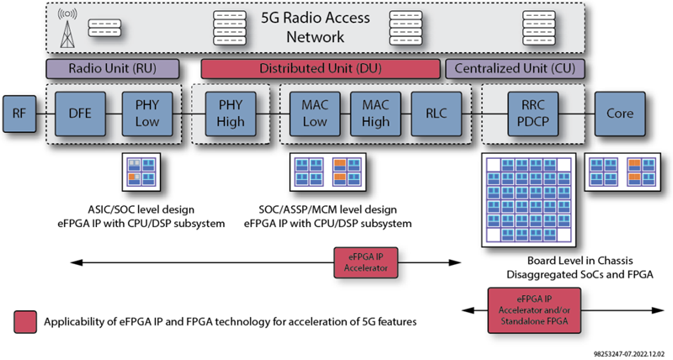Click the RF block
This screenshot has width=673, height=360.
[x=19, y=114]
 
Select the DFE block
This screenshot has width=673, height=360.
[x=80, y=114]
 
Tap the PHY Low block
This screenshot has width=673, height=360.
[x=147, y=114]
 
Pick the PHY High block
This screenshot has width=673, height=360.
[x=231, y=114]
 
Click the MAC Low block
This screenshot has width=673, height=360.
[x=315, y=114]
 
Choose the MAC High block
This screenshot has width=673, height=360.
[x=375, y=114]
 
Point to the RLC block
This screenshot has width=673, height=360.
[x=437, y=114]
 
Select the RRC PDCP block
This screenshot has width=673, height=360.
[x=533, y=114]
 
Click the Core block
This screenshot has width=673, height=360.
[x=620, y=114]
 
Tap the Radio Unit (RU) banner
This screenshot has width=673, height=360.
[x=113, y=69]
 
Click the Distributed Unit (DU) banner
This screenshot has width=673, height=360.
[x=321, y=69]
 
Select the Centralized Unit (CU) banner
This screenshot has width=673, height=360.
[x=515, y=69]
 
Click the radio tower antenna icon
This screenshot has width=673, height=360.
[x=67, y=29]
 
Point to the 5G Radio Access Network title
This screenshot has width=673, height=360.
[x=315, y=27]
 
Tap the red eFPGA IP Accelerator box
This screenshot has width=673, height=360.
[x=366, y=262]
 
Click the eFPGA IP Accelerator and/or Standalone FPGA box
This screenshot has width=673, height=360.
[x=534, y=310]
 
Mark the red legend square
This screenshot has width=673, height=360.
[x=25, y=322]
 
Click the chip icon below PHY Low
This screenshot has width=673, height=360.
[x=141, y=172]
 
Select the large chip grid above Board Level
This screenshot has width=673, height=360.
[x=528, y=200]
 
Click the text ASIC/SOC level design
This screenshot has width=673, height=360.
[x=141, y=209]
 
